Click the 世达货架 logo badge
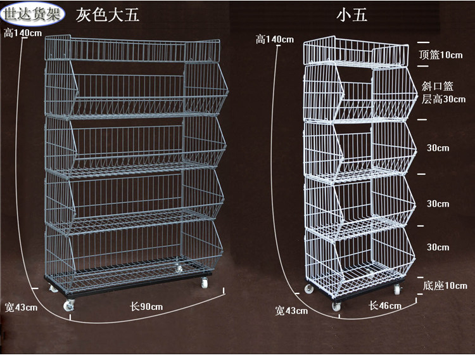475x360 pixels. pos(32,14)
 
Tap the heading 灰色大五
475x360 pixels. pos(108,15)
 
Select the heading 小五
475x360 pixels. pos(351,15)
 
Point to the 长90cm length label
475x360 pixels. pos(146,307)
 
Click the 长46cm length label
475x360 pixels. pos(385,305)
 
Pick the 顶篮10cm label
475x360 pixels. pos(441,55)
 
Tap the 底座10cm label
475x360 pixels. pos(445,285)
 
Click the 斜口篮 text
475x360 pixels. pos(438,86)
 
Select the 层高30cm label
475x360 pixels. pos(443,99)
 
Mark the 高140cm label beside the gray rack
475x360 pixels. pos(23,33)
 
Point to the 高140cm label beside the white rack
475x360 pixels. pos(275,39)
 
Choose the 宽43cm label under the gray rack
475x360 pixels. pos(21,307)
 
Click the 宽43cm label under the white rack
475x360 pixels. pos(291,311)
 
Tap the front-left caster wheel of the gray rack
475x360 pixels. pos(69,305)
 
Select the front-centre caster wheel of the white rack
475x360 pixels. pos(336,306)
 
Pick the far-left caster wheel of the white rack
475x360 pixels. pos(308,288)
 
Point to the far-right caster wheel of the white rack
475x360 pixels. pos(397,290)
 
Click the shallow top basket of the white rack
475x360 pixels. pos(356,51)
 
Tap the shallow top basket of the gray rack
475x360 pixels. pos(132,49)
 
